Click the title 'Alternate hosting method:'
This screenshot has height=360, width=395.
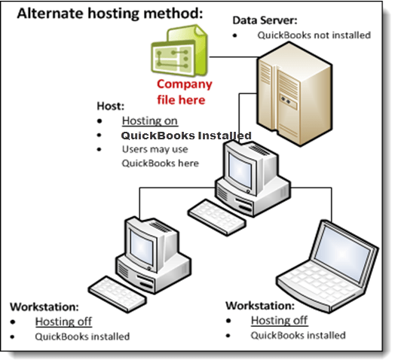coord(110,14)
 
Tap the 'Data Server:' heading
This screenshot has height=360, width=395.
coord(265,20)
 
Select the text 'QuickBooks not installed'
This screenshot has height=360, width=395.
coord(314,35)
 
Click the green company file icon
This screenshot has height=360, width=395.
coord(179,50)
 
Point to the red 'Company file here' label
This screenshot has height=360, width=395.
coord(185,92)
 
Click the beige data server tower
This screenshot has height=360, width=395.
coord(294,94)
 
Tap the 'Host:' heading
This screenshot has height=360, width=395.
coord(111,106)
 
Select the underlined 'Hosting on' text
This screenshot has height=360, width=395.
coord(150,121)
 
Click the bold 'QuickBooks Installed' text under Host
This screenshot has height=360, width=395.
coord(186,136)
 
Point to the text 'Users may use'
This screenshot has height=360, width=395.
coord(155,149)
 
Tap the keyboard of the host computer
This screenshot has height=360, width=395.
coord(216,218)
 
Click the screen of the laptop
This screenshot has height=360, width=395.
coord(342,252)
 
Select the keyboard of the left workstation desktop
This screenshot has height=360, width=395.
coord(118,294)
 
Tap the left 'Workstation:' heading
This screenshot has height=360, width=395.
coord(44,307)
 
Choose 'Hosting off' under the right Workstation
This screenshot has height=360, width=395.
coord(280,321)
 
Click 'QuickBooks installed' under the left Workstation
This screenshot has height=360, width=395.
coord(82,337)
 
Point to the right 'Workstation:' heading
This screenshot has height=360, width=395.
coord(260,306)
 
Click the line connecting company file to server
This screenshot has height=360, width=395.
coord(234,57)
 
